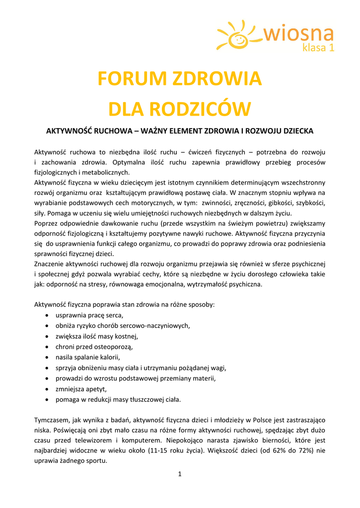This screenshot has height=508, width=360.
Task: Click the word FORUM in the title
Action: pyautogui.click(x=131, y=78)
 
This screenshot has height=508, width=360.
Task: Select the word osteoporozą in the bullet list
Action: pyautogui.click(x=115, y=347)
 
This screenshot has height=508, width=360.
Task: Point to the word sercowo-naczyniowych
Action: pyautogui.click(x=155, y=326)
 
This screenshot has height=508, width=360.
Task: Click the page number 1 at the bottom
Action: pyautogui.click(x=180, y=474)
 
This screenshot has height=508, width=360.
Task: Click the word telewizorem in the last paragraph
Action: pyautogui.click(x=92, y=440)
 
